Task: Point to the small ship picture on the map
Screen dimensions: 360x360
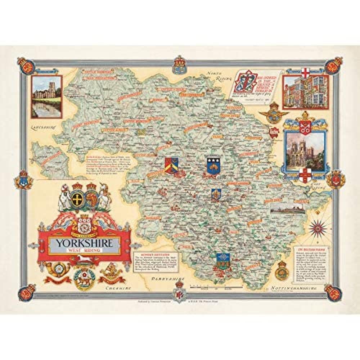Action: tap(288, 208)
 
